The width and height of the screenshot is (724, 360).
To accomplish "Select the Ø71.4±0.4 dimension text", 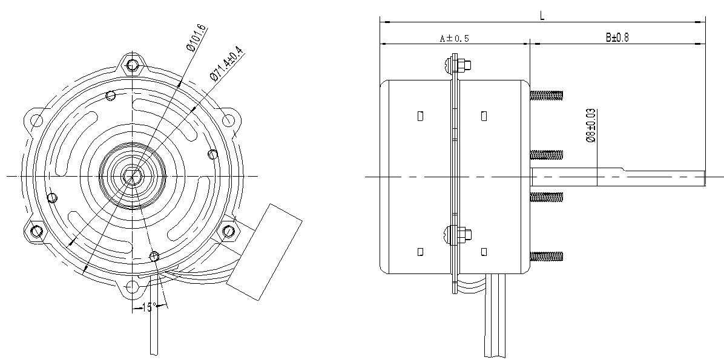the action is (227, 64).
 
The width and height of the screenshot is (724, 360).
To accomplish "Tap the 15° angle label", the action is (149, 307).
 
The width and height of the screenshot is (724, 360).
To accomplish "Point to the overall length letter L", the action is (542, 15).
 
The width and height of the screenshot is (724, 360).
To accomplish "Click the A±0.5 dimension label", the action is (455, 38).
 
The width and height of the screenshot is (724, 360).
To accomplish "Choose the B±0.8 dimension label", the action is (617, 38).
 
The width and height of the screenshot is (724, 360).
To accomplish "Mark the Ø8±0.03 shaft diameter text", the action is (590, 125).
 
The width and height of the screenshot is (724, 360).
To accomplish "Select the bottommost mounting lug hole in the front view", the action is (133, 287).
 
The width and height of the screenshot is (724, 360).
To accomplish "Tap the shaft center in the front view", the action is (133, 176).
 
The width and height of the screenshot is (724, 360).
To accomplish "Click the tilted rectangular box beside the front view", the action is (265, 252).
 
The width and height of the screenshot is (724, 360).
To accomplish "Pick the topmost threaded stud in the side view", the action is (547, 96).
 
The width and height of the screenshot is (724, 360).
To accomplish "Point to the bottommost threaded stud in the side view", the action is (547, 256).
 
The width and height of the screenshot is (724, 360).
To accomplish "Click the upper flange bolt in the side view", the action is (458, 65).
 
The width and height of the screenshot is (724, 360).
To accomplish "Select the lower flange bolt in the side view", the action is (458, 235).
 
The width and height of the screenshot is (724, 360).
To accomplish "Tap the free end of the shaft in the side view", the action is (705, 178).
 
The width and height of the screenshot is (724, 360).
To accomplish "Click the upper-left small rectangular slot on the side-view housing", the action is (420, 116).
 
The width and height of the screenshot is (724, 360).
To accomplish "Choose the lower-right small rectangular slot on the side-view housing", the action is (484, 252).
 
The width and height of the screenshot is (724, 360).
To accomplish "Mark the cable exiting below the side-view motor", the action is (495, 315).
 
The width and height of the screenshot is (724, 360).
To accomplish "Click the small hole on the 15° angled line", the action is (155, 256).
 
